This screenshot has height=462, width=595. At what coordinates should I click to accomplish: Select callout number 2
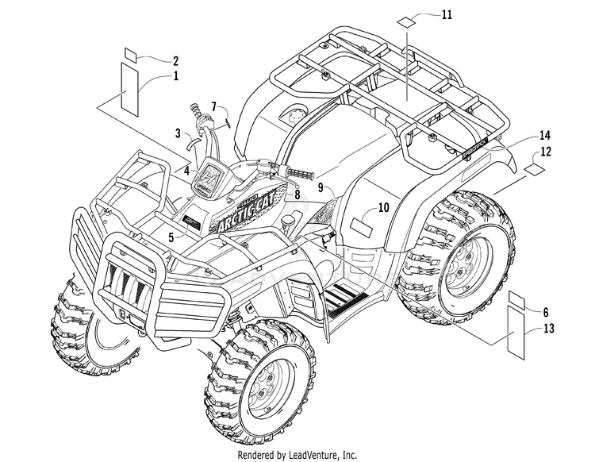(175, 60)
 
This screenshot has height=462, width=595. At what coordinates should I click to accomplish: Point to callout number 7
(213, 106)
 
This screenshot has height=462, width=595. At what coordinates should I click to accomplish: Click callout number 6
(546, 314)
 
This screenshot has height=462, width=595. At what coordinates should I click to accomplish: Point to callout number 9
(321, 188)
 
